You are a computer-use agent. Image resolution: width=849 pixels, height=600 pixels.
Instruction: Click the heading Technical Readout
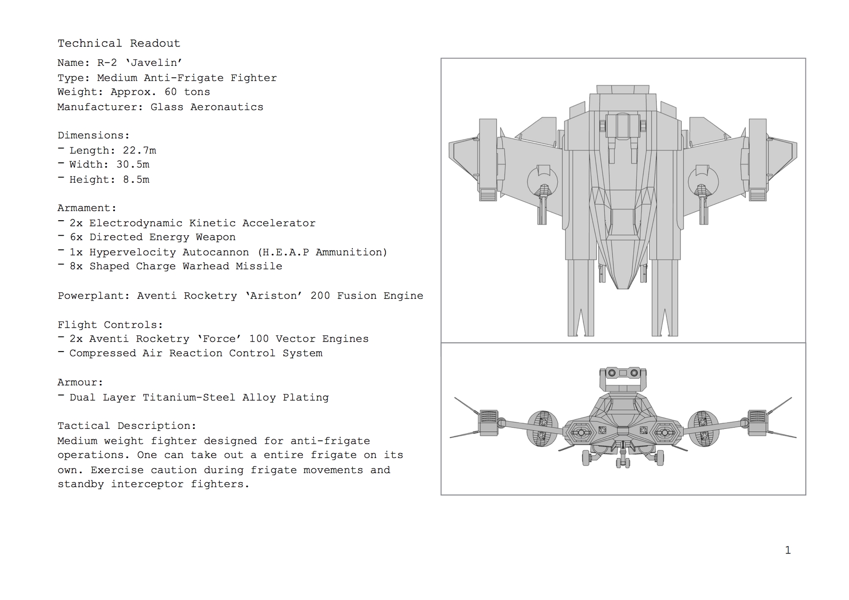(119, 43)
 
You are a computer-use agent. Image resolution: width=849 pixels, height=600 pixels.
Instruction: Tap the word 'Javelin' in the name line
(154, 63)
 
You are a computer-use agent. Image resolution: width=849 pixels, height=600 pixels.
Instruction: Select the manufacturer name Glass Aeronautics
(207, 107)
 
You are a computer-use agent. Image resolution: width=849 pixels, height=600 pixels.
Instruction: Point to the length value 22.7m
(139, 150)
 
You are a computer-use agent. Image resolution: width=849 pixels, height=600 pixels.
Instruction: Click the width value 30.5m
(133, 164)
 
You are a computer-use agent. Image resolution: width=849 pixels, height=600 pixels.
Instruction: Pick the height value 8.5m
(136, 180)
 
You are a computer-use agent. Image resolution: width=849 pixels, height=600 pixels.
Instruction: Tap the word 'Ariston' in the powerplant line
(274, 296)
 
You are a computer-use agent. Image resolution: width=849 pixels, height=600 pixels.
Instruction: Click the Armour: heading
(80, 382)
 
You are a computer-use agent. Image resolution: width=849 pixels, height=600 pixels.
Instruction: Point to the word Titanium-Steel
(189, 397)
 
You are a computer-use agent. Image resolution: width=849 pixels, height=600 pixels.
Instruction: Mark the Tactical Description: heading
(127, 426)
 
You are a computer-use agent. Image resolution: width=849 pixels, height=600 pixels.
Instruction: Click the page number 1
(788, 550)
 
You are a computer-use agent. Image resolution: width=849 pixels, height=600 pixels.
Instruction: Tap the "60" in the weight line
(170, 92)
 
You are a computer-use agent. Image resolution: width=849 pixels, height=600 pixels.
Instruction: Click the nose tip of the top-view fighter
(623, 288)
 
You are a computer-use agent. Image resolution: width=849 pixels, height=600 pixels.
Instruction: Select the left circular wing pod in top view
(543, 182)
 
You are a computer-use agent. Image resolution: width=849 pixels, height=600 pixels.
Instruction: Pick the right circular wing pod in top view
(704, 182)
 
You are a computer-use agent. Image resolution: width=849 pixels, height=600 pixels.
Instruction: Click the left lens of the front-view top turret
(612, 373)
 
